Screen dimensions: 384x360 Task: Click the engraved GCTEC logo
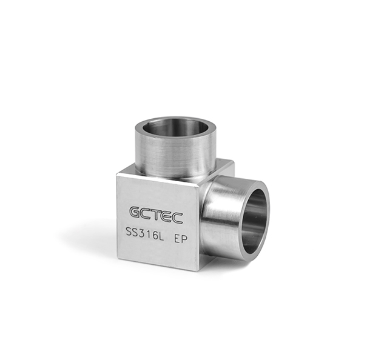[156, 215]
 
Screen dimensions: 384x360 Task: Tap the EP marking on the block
[181, 239]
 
